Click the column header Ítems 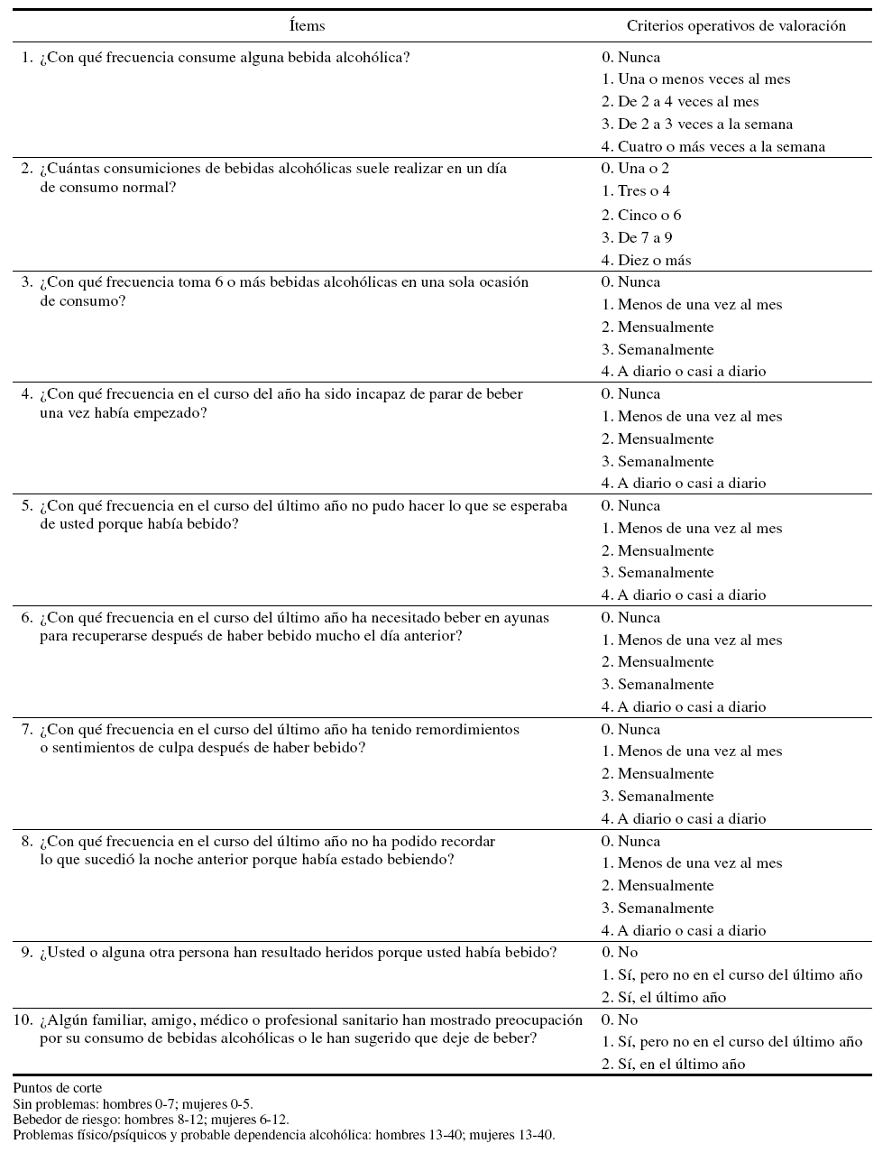pyautogui.click(x=308, y=26)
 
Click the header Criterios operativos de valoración pyautogui.click(x=736, y=26)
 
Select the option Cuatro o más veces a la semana pyautogui.click(x=721, y=147)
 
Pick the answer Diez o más pyautogui.click(x=654, y=261)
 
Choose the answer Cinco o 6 pyautogui.click(x=649, y=216)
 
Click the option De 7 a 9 pyautogui.click(x=645, y=238)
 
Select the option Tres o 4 pyautogui.click(x=644, y=191)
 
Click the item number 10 pyautogui.click(x=23, y=1020)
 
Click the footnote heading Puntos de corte pyautogui.click(x=58, y=1088)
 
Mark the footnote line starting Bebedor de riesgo pyautogui.click(x=151, y=1120)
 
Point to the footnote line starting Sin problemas pyautogui.click(x=133, y=1103)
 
